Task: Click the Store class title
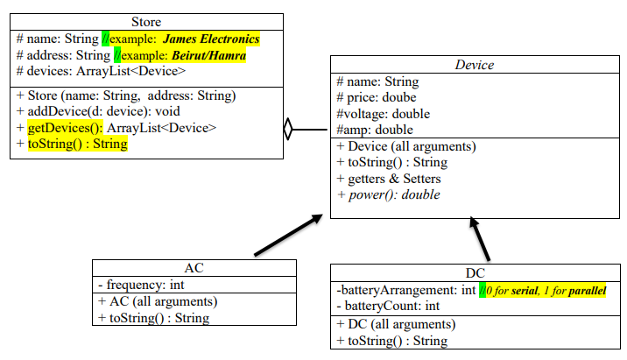click(145, 21)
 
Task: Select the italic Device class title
click(476, 65)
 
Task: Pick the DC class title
click(476, 273)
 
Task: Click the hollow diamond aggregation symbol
click(288, 130)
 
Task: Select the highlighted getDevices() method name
click(64, 128)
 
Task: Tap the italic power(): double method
click(394, 194)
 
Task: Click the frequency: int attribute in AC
click(140, 285)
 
